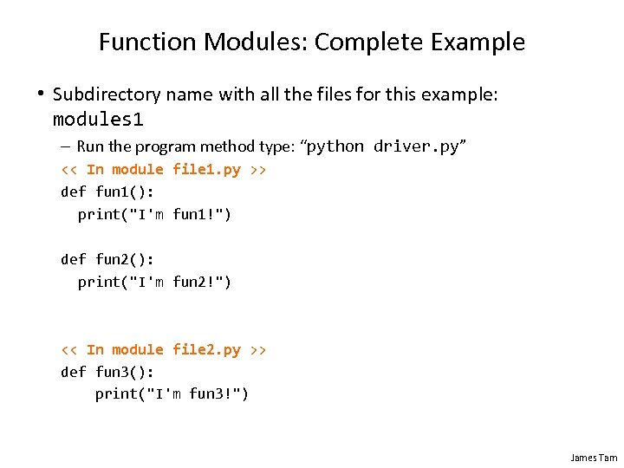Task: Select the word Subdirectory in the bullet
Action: [x=107, y=94]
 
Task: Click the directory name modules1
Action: [x=98, y=118]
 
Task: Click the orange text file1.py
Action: [x=206, y=169]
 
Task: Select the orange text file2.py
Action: [x=206, y=349]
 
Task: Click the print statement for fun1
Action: [x=154, y=214]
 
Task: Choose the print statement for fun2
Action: [x=154, y=282]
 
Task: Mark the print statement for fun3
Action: [x=172, y=394]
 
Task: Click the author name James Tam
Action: [x=594, y=457]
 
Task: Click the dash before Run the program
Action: [x=66, y=146]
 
